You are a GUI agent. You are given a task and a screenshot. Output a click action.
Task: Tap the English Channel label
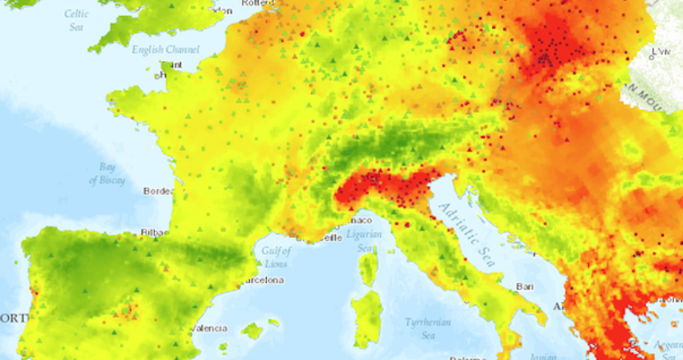pos(166,50)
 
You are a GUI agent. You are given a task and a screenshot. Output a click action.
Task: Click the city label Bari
pos(526,286)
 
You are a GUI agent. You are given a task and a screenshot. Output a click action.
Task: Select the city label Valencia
pos(211,328)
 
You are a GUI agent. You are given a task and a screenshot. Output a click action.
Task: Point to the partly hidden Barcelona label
pos(264,280)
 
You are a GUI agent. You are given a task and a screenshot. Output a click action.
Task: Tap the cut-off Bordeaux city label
pos(157,191)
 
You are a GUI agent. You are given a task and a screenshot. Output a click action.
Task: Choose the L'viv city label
pos(661,51)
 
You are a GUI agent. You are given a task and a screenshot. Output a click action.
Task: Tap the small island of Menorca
pos(274,322)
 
